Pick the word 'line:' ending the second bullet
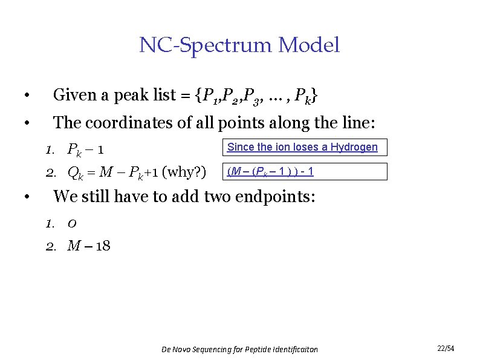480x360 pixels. pos(358,123)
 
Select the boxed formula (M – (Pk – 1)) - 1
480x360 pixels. pos(270,172)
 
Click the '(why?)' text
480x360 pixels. pos(184,173)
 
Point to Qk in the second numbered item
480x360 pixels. pos(76,174)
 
